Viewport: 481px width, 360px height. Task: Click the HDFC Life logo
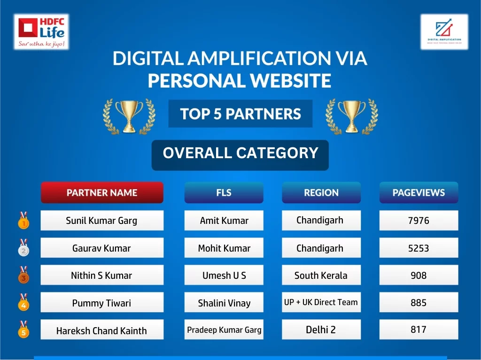(41, 31)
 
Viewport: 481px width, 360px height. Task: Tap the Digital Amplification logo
(444, 31)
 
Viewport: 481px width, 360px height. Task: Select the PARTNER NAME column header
(102, 192)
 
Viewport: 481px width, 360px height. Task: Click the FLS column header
(224, 192)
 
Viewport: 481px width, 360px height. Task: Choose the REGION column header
(321, 192)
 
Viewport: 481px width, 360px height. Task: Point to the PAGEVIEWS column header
(419, 192)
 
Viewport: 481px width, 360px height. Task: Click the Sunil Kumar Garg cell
(102, 221)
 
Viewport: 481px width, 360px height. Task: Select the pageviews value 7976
(419, 221)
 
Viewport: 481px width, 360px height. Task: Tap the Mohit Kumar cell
(224, 248)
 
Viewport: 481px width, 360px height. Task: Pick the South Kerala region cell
(321, 275)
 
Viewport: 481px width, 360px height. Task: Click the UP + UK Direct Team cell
(321, 302)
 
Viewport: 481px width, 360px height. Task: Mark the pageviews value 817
(419, 329)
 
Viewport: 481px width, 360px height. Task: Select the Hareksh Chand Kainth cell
(102, 329)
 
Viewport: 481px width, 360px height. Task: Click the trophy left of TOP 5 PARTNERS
(129, 116)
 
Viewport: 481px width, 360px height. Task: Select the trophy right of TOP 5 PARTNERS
(352, 116)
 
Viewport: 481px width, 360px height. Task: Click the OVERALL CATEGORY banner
(240, 155)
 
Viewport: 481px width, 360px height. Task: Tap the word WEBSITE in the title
(290, 81)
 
